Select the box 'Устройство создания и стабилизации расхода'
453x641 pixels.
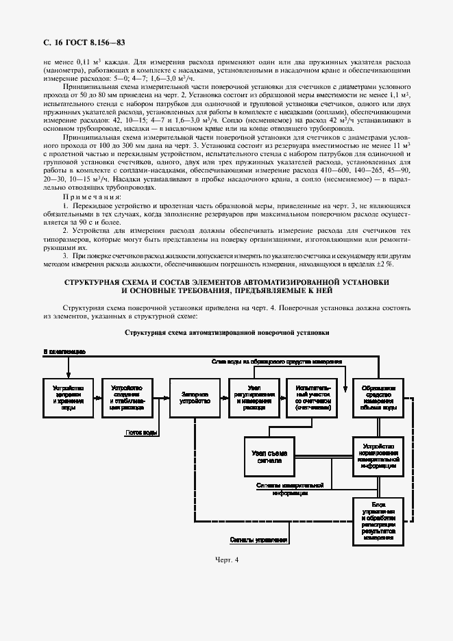(125, 398)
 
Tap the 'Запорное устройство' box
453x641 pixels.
(195, 398)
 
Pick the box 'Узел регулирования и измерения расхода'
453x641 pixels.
(254, 398)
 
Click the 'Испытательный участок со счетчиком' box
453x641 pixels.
(313, 398)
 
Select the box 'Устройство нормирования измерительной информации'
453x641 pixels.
(378, 455)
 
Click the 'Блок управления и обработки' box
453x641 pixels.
(378, 521)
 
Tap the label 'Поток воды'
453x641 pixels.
(143, 433)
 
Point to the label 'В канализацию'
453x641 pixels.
(64, 351)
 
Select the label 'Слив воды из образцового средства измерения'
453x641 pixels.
(277, 360)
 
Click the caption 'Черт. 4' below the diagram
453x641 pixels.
(226, 560)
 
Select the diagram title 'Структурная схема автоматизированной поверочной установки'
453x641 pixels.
(226, 332)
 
